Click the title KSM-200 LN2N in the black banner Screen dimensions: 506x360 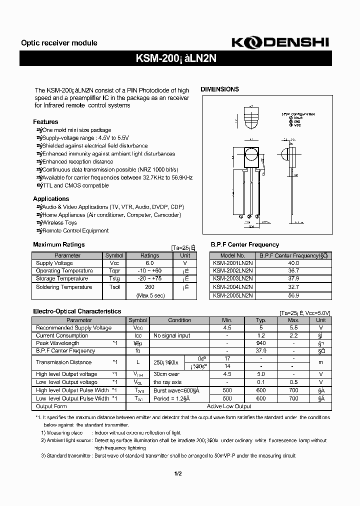tap(175, 58)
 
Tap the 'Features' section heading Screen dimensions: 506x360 tap(45, 122)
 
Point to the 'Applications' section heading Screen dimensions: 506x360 tap(51, 199)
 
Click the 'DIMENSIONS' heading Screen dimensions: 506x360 tap(219, 89)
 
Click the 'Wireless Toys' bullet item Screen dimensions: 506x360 tap(59, 223)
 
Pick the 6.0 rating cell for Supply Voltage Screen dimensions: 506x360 tap(149, 263)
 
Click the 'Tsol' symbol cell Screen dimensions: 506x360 tap(114, 287)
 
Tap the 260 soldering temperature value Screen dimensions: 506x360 tap(149, 287)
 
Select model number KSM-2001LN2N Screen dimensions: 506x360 tap(232, 263)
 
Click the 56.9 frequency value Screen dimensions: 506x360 tap(294, 295)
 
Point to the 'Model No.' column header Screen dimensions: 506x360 tap(232, 255)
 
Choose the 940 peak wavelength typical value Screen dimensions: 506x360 tap(260, 343)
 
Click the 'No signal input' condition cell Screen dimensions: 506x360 tap(171, 336)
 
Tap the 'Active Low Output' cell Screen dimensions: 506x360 tap(229, 406)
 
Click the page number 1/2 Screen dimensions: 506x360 tap(177, 474)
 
